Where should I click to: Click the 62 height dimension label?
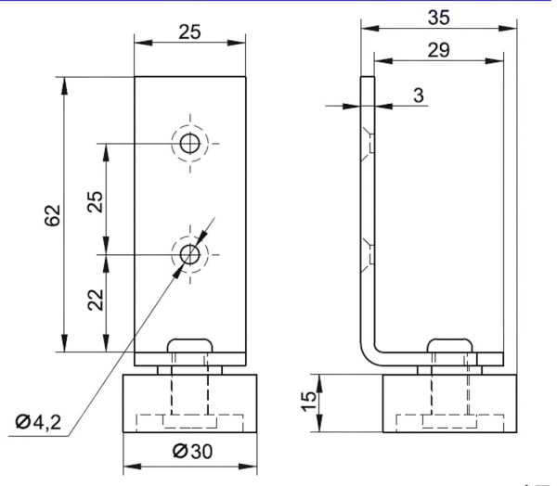coord(53,214)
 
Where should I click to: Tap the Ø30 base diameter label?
coord(189,452)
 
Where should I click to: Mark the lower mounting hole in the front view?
coord(189,252)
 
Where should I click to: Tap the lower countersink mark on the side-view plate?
coord(370,252)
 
